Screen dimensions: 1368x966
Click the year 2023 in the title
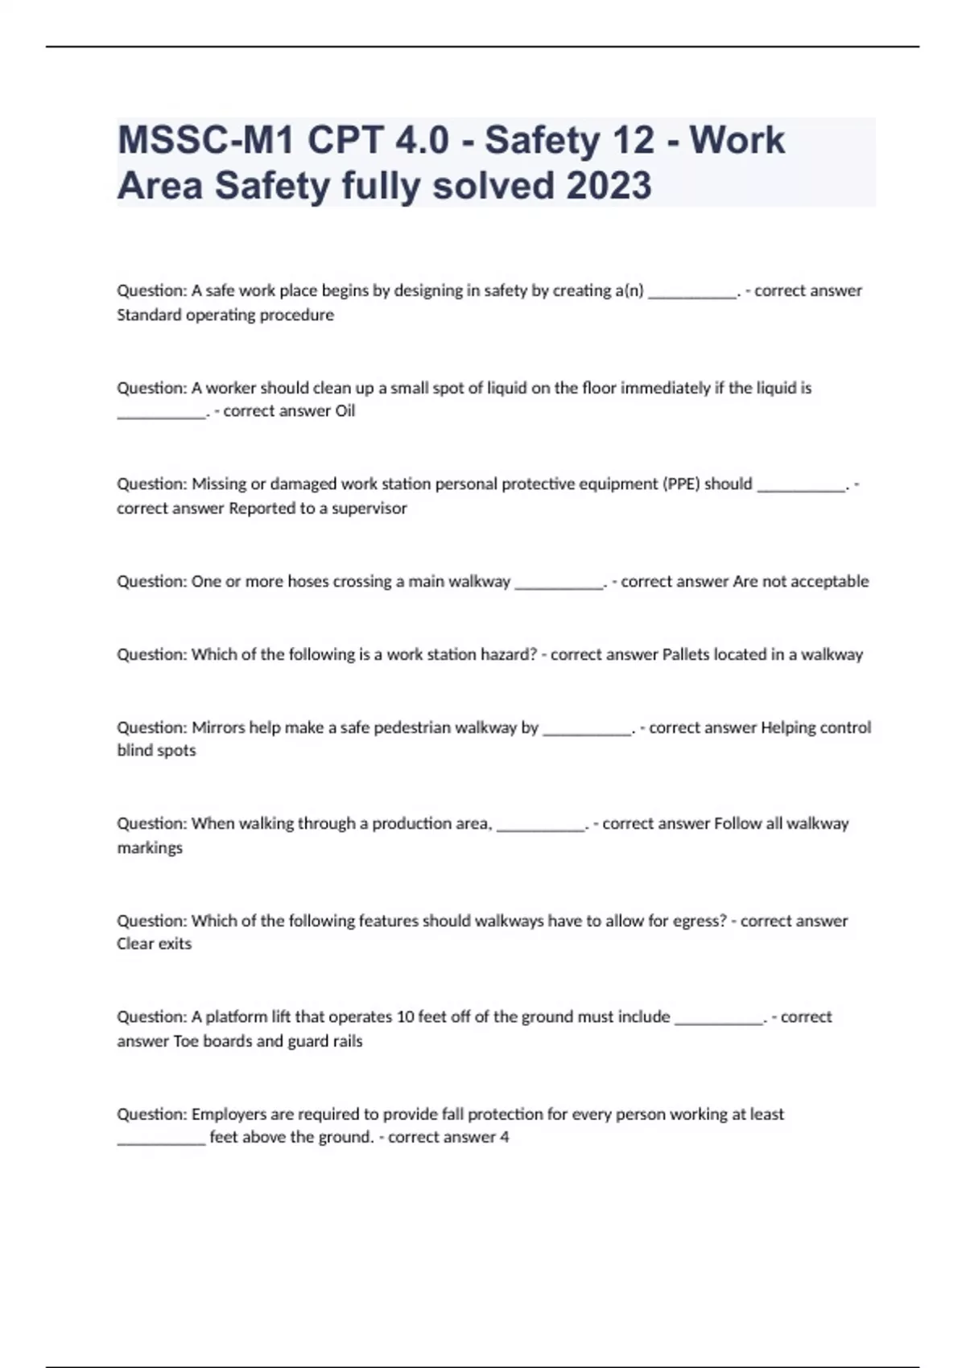pyautogui.click(x=609, y=186)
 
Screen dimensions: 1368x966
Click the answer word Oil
pyautogui.click(x=345, y=411)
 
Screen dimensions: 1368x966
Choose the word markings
pyautogui.click(x=150, y=848)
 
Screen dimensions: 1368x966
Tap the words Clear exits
pyautogui.click(x=155, y=944)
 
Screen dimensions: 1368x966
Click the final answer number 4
pyautogui.click(x=505, y=1138)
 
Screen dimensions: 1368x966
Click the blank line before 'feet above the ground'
pyautogui.click(x=161, y=1140)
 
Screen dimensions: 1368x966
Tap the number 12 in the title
pyautogui.click(x=634, y=141)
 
